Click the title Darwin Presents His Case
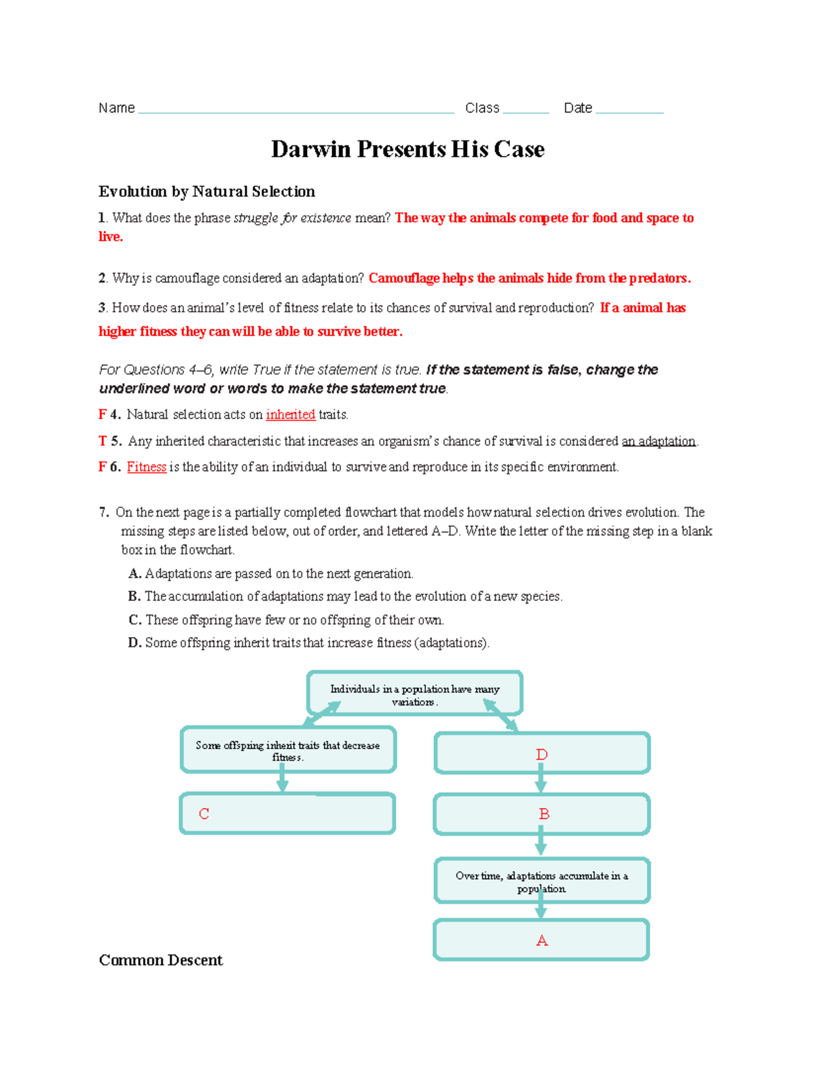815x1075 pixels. click(407, 149)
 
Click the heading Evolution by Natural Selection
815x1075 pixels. click(206, 192)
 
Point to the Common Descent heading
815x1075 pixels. click(160, 960)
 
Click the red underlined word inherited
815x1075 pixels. click(290, 414)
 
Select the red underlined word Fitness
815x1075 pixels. click(147, 467)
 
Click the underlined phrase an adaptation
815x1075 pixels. click(659, 441)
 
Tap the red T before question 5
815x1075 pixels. click(103, 441)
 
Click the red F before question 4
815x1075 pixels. click(102, 414)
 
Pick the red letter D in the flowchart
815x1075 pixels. click(541, 754)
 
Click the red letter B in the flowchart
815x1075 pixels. click(544, 814)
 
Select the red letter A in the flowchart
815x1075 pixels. click(542, 941)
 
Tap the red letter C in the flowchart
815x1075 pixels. click(204, 814)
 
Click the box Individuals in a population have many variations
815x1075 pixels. click(414, 693)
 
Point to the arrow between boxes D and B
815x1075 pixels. click(541, 780)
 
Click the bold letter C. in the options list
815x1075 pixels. click(134, 619)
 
